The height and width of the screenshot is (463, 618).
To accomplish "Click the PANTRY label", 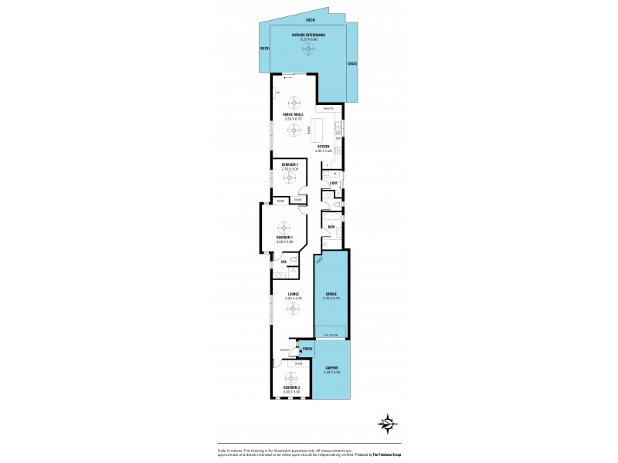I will [328, 109].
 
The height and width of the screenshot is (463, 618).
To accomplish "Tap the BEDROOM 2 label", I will [290, 165].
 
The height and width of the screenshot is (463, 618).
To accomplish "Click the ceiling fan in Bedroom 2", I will [290, 178].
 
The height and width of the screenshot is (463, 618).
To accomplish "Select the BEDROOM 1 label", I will [285, 238].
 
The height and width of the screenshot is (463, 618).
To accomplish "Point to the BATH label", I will [331, 227].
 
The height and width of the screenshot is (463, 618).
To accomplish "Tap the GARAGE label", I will [331, 294].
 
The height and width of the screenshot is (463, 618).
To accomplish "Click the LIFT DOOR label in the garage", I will [331, 336].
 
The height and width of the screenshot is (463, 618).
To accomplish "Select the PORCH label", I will [307, 350].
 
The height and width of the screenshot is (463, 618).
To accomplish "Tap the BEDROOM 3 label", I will [290, 388].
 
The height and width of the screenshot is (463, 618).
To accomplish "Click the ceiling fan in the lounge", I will [293, 308].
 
